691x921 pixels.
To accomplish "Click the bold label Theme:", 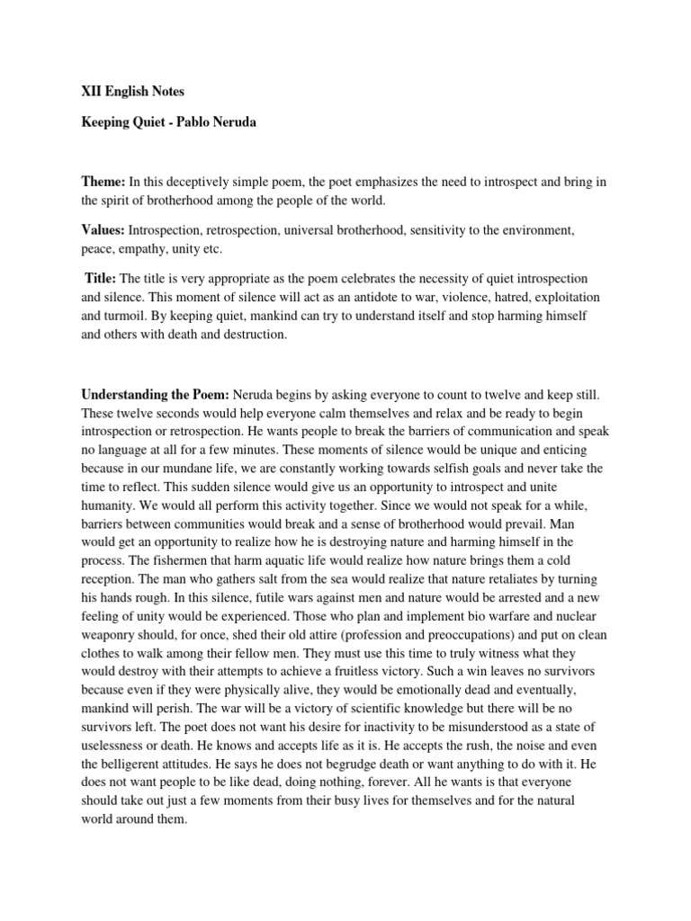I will [x=104, y=182].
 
